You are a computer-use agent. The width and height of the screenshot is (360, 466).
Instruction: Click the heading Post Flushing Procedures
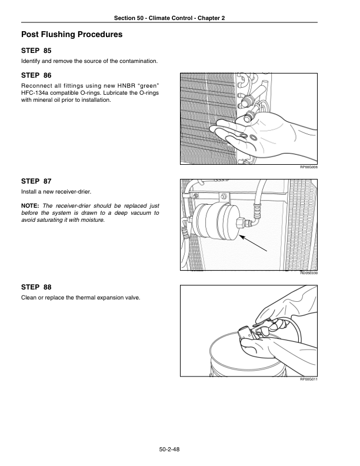point(72,35)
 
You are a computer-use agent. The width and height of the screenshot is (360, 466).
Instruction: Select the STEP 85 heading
point(36,51)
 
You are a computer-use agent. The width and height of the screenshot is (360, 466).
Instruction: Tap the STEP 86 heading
point(36,75)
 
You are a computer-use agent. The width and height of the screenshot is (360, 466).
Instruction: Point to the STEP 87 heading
point(36,181)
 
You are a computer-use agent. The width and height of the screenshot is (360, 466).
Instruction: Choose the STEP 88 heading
point(36,287)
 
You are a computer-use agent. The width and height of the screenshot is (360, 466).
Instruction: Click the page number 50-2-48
point(169,450)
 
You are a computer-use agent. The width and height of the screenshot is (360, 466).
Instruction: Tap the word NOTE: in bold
point(30,206)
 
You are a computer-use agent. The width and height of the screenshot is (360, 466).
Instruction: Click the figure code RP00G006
point(309,167)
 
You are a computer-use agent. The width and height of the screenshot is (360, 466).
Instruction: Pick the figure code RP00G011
point(309,380)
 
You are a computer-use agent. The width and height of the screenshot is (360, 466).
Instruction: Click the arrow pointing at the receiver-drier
point(253,243)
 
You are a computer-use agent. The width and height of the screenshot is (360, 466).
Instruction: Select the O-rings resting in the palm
point(248,137)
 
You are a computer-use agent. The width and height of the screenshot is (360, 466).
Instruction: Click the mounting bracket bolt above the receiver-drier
point(224,196)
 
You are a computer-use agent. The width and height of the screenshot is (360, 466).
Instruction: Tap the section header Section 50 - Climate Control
point(153,18)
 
